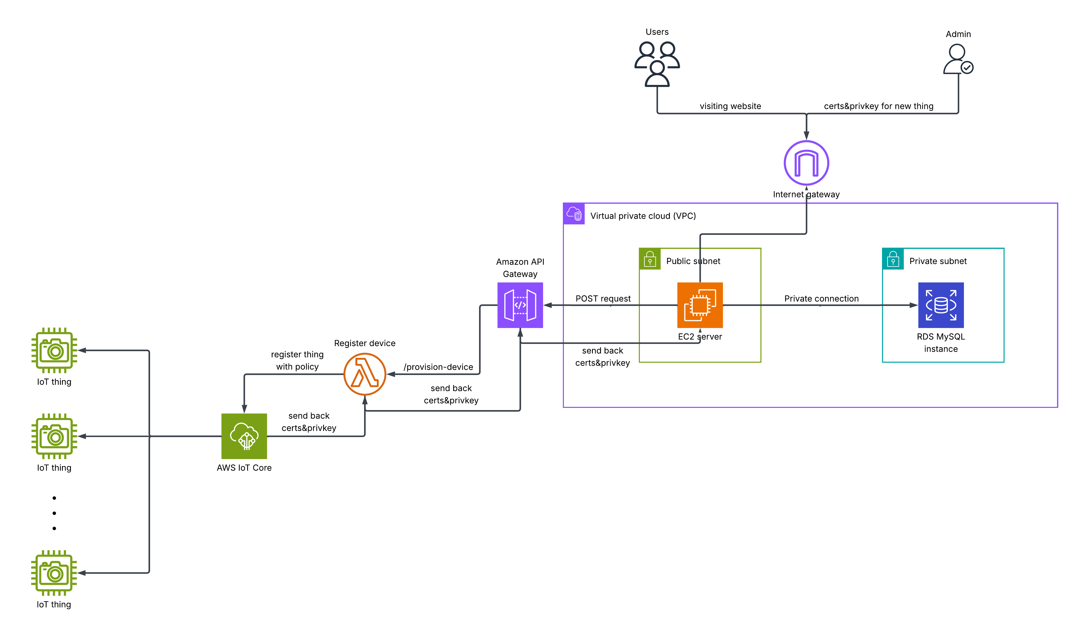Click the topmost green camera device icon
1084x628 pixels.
tap(54, 350)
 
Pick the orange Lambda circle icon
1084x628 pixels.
tap(365, 374)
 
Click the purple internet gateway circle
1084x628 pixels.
tap(806, 163)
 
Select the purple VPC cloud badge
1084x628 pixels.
tap(574, 214)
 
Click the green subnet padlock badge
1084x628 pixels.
tap(650, 259)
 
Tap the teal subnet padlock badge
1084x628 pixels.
tap(893, 259)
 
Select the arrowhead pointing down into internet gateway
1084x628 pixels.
tap(806, 135)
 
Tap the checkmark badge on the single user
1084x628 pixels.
tap(967, 67)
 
